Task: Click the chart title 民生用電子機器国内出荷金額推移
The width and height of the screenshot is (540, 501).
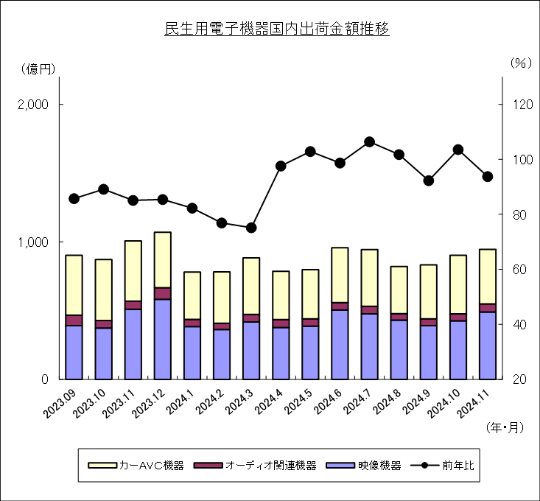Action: [276, 29]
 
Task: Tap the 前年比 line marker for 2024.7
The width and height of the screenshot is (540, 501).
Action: [370, 142]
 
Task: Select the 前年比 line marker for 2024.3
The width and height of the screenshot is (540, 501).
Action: [251, 228]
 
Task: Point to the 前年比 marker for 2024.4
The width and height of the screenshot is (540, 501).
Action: [281, 166]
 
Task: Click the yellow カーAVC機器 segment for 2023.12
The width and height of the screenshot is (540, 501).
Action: [163, 260]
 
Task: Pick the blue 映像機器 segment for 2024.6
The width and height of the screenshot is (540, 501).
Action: [340, 345]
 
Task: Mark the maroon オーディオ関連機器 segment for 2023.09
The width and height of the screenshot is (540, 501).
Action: [74, 320]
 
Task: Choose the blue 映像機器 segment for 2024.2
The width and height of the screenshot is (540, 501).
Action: [222, 354]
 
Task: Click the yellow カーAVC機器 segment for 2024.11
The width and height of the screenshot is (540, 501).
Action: [488, 277]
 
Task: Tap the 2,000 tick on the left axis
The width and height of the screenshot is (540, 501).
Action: [32, 105]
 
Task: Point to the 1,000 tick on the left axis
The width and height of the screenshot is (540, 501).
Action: [32, 242]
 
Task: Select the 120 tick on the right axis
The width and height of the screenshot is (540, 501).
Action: [523, 105]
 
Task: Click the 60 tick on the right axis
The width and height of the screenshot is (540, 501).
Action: [519, 269]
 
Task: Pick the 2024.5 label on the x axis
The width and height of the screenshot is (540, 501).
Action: [298, 402]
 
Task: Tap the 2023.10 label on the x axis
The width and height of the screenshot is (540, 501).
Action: [91, 403]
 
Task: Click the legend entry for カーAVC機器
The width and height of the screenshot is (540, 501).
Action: [136, 465]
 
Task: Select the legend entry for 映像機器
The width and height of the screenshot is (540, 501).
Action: [364, 465]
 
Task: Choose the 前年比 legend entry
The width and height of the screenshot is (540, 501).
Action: [442, 465]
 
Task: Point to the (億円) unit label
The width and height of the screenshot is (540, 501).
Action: [38, 69]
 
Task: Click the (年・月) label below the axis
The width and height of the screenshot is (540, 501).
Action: [505, 427]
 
